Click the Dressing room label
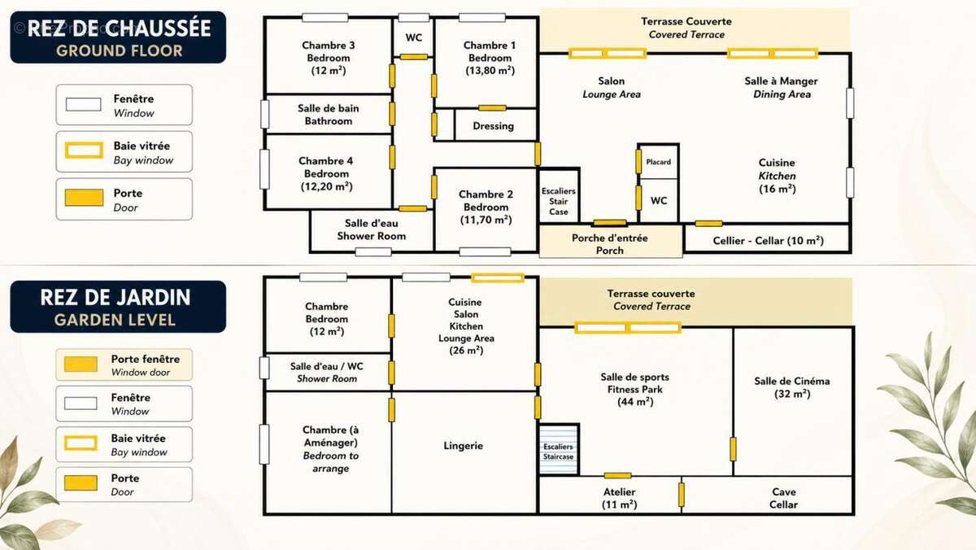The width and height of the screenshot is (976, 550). pyautogui.click(x=493, y=126)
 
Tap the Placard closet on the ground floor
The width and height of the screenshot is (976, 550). pyautogui.click(x=658, y=162)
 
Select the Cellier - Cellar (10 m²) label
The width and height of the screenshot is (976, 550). pyautogui.click(x=768, y=241)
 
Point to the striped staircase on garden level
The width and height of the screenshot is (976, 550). pyautogui.click(x=559, y=450)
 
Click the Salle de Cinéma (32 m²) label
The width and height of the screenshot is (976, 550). pyautogui.click(x=792, y=387)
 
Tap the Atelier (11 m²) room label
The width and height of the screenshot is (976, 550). pyautogui.click(x=619, y=498)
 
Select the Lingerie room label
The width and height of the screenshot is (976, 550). pyautogui.click(x=463, y=445)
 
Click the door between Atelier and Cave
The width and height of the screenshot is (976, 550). pyautogui.click(x=682, y=495)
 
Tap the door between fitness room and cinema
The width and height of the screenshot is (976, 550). pyautogui.click(x=733, y=449)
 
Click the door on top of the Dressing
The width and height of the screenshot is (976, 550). pyautogui.click(x=492, y=108)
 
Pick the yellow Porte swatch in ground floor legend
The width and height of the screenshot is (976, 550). pyautogui.click(x=84, y=198)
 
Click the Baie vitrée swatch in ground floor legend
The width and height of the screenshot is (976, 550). pyautogui.click(x=84, y=150)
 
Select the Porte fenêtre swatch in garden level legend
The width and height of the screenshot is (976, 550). pyautogui.click(x=81, y=364)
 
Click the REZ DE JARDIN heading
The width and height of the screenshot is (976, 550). pyautogui.click(x=115, y=297)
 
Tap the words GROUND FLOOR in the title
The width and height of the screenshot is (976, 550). pyautogui.click(x=119, y=50)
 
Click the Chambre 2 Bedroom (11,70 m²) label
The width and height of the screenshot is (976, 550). pyautogui.click(x=486, y=207)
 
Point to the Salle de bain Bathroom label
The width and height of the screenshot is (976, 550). pyautogui.click(x=329, y=115)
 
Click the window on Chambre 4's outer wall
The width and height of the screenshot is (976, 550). pyautogui.click(x=264, y=169)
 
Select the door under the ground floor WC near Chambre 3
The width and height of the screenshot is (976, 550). pyautogui.click(x=414, y=57)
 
